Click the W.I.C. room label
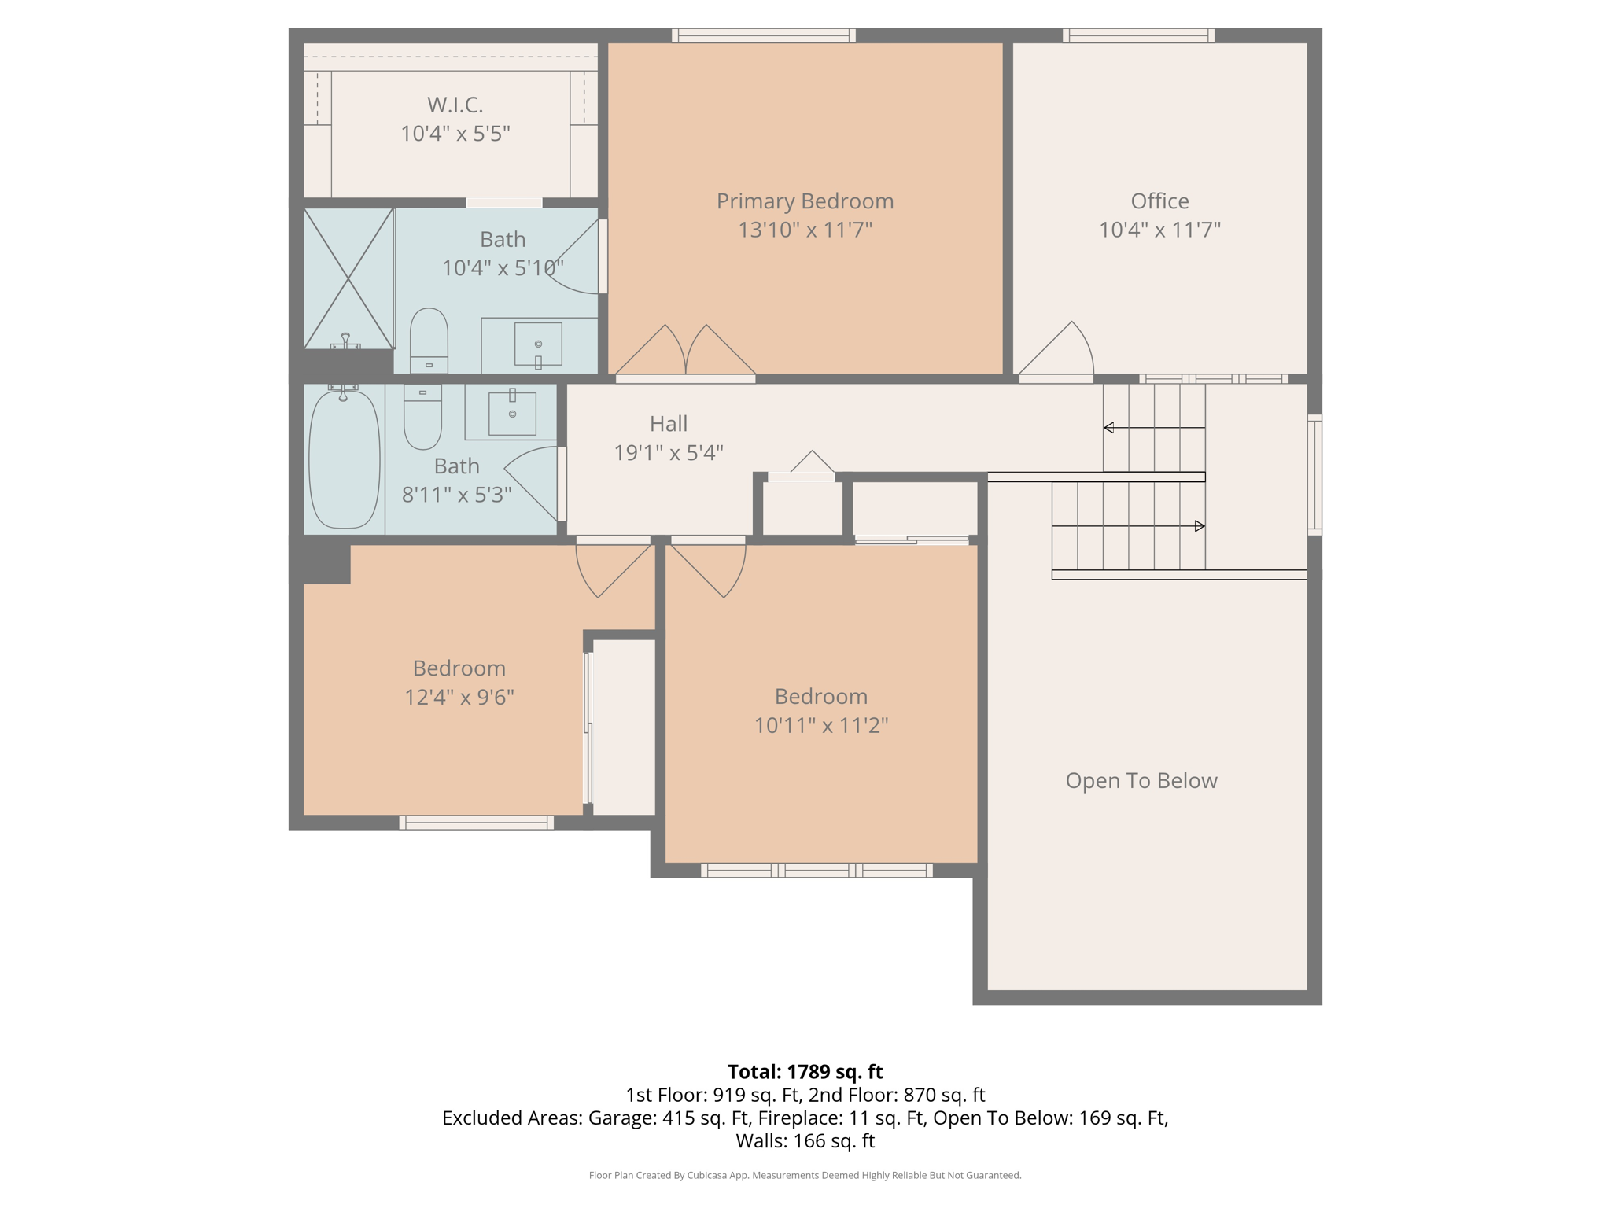(455, 105)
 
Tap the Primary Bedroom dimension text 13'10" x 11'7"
(805, 230)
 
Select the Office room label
(1159, 201)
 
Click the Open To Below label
(1141, 780)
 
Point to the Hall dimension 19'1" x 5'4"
(668, 453)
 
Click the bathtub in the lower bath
(344, 460)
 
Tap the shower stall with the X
(348, 278)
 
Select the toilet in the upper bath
(429, 341)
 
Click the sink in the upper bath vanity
(538, 344)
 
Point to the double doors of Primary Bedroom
(685, 352)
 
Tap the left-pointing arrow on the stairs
(1109, 428)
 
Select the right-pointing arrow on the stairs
(1199, 526)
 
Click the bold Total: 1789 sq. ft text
(805, 1071)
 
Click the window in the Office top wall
(1138, 35)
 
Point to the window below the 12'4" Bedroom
(476, 823)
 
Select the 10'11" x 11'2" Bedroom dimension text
(820, 725)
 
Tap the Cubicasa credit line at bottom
(805, 1175)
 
